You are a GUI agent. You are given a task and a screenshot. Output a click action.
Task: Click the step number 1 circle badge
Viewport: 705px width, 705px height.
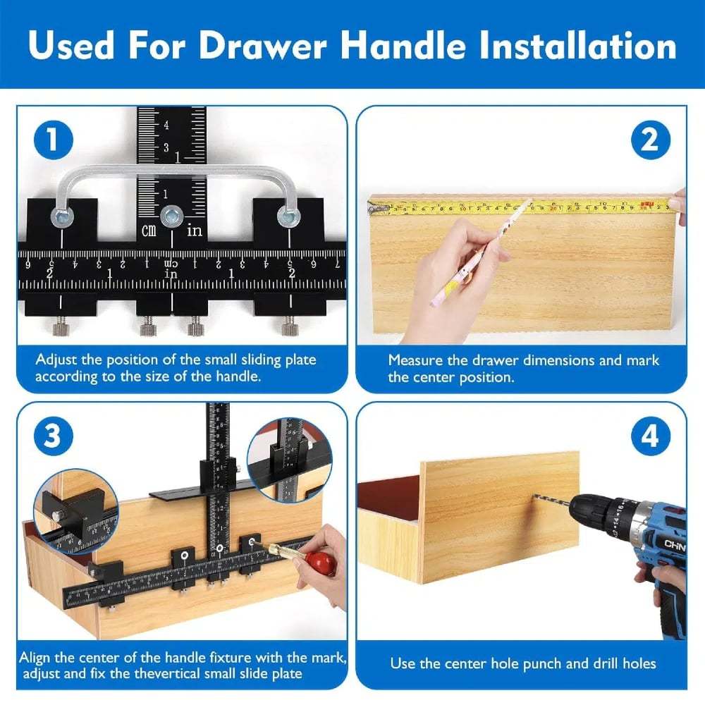(53, 140)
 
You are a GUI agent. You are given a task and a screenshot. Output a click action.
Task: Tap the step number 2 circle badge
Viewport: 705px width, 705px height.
(649, 140)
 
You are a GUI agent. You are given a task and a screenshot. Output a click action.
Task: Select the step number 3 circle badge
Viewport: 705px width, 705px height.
(53, 436)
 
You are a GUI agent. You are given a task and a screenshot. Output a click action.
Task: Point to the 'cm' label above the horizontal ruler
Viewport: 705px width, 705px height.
(149, 231)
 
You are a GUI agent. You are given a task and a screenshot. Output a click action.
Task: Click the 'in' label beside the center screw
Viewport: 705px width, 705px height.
(195, 231)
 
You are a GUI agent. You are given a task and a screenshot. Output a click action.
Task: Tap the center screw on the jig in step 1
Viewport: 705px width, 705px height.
(171, 216)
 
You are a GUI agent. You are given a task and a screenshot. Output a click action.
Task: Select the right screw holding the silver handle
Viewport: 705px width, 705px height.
(286, 218)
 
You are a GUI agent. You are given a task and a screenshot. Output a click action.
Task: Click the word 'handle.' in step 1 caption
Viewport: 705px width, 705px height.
(238, 376)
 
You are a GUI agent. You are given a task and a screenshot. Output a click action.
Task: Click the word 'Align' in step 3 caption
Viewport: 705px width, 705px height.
(35, 658)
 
